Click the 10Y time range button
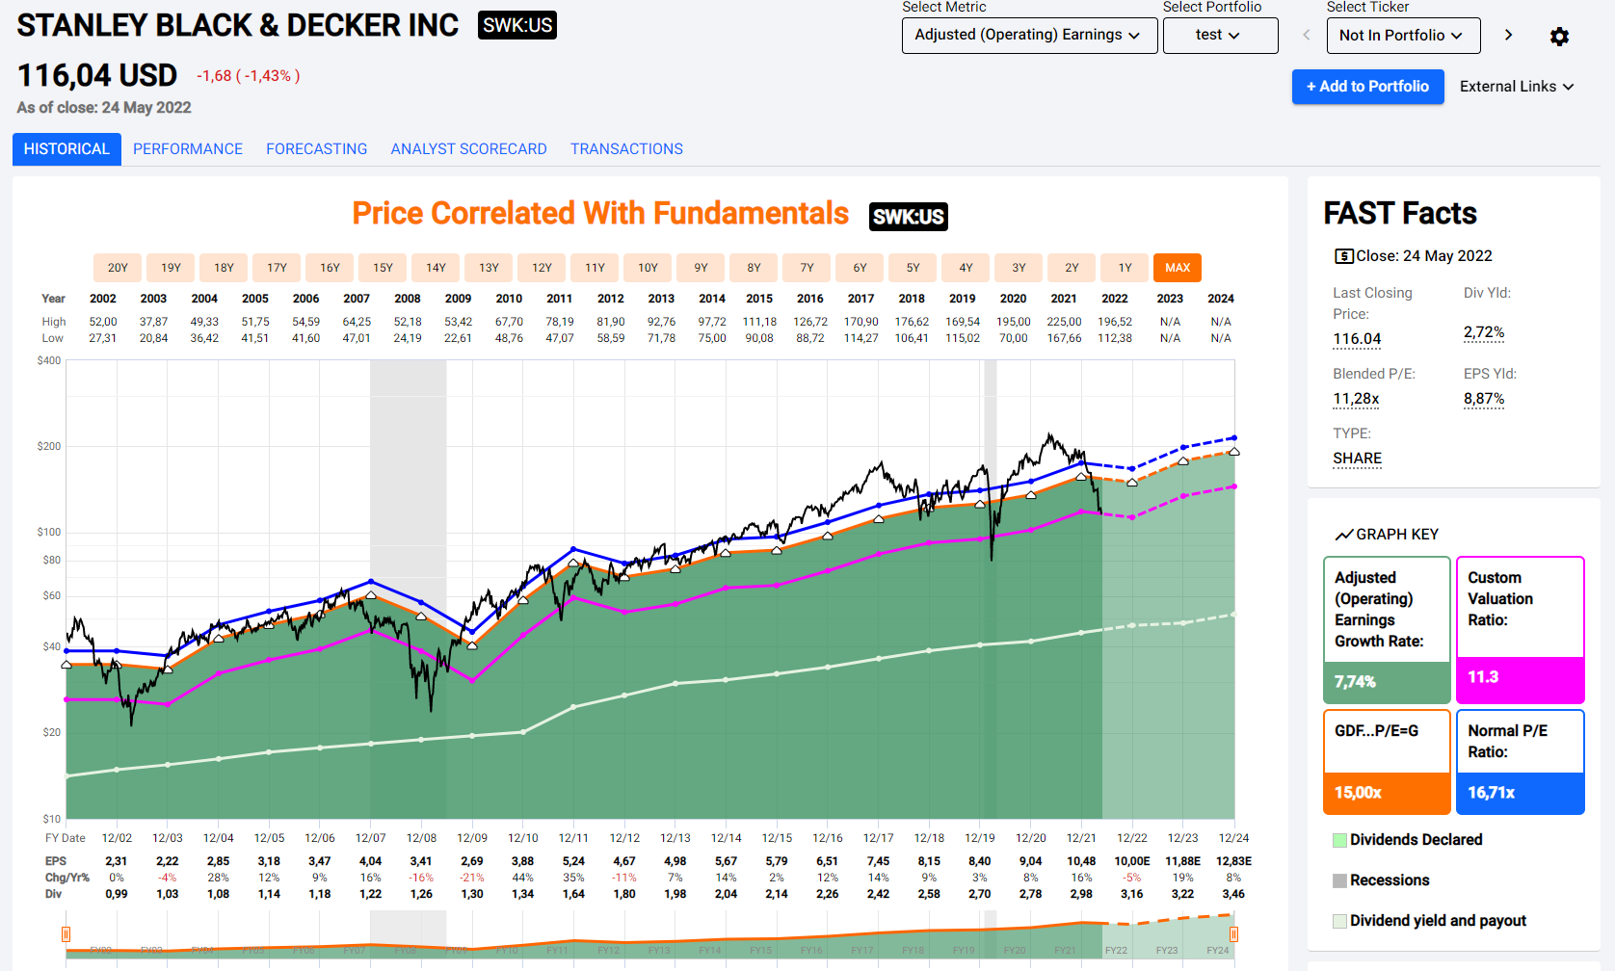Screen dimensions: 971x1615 click(x=648, y=268)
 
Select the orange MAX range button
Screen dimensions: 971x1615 click(x=1177, y=268)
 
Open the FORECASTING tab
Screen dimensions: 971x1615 click(x=316, y=149)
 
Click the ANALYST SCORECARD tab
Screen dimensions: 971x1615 click(x=468, y=149)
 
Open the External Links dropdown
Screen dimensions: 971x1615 click(x=1517, y=87)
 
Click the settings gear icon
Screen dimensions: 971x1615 click(x=1559, y=37)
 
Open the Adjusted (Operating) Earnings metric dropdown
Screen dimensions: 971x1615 click(x=1029, y=36)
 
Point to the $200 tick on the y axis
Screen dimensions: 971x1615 click(x=48, y=446)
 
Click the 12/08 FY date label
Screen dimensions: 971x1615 click(x=421, y=838)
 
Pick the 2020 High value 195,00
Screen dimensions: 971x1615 click(x=1013, y=322)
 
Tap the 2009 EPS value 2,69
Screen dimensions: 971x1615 click(x=472, y=861)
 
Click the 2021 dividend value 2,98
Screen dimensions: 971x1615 click(x=1081, y=894)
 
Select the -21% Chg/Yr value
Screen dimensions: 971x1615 click(x=472, y=878)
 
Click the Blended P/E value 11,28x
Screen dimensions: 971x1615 click(x=1356, y=399)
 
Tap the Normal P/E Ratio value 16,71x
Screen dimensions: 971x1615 click(x=1491, y=793)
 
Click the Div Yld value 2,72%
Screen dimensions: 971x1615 click(x=1484, y=332)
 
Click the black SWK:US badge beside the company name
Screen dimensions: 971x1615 click(x=517, y=25)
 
